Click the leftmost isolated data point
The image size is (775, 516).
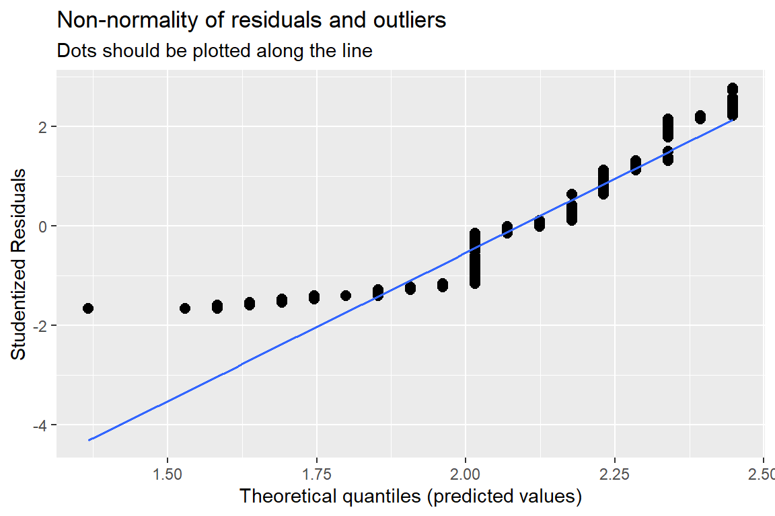coord(88,308)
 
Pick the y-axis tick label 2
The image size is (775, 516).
coord(42,127)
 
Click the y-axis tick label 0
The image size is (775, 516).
coord(42,226)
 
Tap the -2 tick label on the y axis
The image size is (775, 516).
coord(39,326)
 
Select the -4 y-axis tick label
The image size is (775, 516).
coord(39,425)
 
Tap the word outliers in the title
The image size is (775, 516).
coord(412,21)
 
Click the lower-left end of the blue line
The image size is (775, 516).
coord(89,440)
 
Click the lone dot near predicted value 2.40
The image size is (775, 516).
coord(700,118)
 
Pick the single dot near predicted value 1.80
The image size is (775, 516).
coord(346,296)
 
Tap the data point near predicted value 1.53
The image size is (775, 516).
coord(185,308)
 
